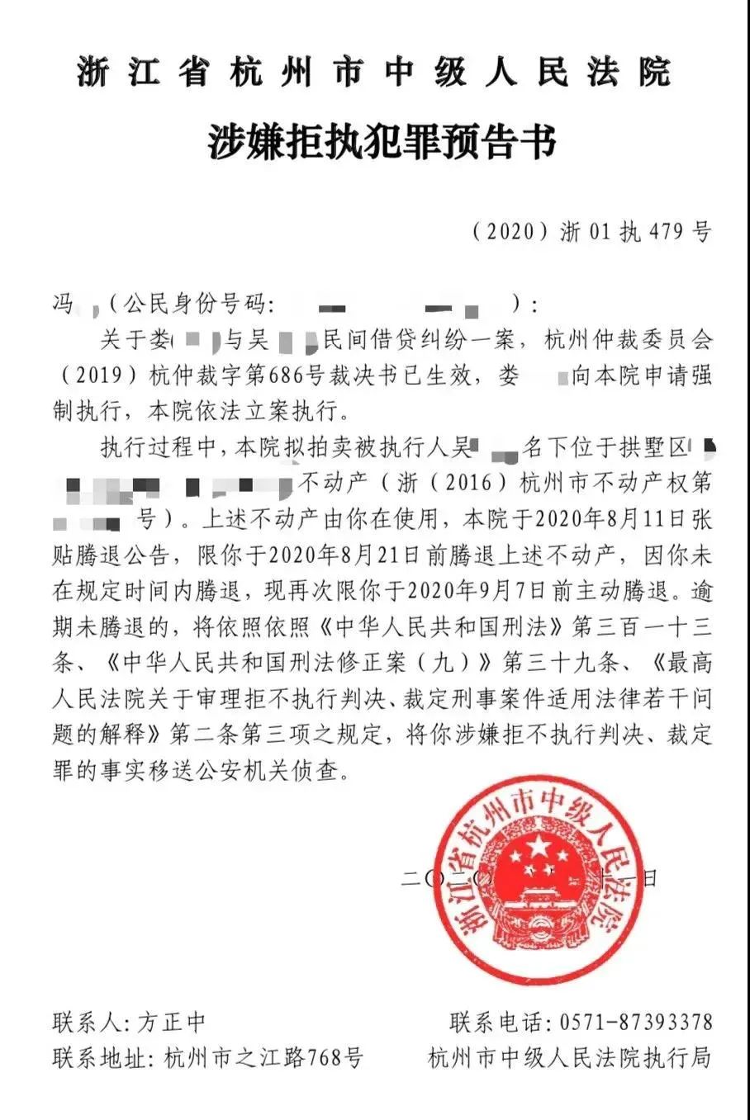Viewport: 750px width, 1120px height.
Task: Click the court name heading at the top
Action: [x=373, y=73]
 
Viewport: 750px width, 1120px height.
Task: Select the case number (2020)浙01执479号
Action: [x=591, y=232]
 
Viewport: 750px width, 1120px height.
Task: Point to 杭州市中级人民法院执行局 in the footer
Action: [x=570, y=1057]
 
